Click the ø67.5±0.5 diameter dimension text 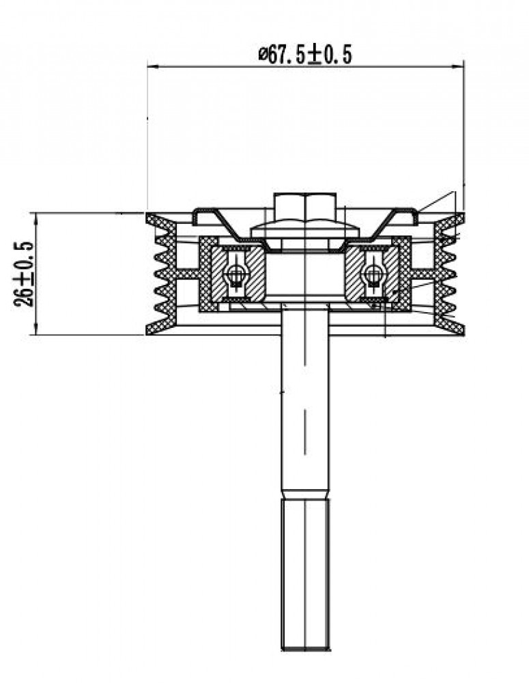click(305, 55)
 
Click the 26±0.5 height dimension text click(24, 274)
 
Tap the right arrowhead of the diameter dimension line click(459, 67)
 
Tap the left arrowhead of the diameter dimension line click(154, 67)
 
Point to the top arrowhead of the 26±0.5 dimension click(35, 219)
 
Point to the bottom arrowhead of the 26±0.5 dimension click(35, 329)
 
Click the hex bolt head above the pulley click(305, 208)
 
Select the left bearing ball click(235, 275)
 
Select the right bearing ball click(373, 275)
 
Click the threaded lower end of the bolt click(305, 574)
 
